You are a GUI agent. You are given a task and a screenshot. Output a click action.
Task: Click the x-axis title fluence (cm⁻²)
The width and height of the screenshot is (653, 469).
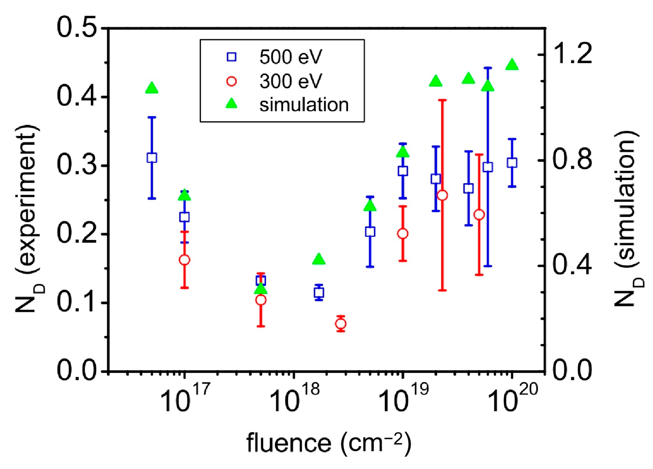(x=328, y=442)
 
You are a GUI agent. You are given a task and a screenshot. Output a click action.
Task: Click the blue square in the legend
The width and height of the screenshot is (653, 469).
(x=232, y=57)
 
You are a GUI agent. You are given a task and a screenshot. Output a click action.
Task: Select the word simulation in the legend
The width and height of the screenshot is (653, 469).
(x=304, y=105)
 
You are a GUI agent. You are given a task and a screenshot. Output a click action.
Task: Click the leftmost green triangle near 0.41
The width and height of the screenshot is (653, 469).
(x=152, y=88)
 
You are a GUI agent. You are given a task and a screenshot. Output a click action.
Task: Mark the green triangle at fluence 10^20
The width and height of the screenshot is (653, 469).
(x=512, y=65)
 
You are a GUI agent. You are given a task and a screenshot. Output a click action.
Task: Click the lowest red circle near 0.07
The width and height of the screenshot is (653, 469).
(x=341, y=324)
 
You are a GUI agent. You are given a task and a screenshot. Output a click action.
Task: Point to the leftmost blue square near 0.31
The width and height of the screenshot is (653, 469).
(x=152, y=158)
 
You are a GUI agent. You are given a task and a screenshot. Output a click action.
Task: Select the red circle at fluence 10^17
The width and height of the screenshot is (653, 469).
(x=185, y=260)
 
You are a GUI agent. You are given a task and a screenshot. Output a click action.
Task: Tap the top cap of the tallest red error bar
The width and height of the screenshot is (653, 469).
(x=442, y=100)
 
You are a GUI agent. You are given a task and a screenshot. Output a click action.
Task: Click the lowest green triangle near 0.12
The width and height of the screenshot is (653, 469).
(x=261, y=288)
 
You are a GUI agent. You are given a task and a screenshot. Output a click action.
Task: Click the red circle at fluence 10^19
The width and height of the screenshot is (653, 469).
(x=403, y=234)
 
